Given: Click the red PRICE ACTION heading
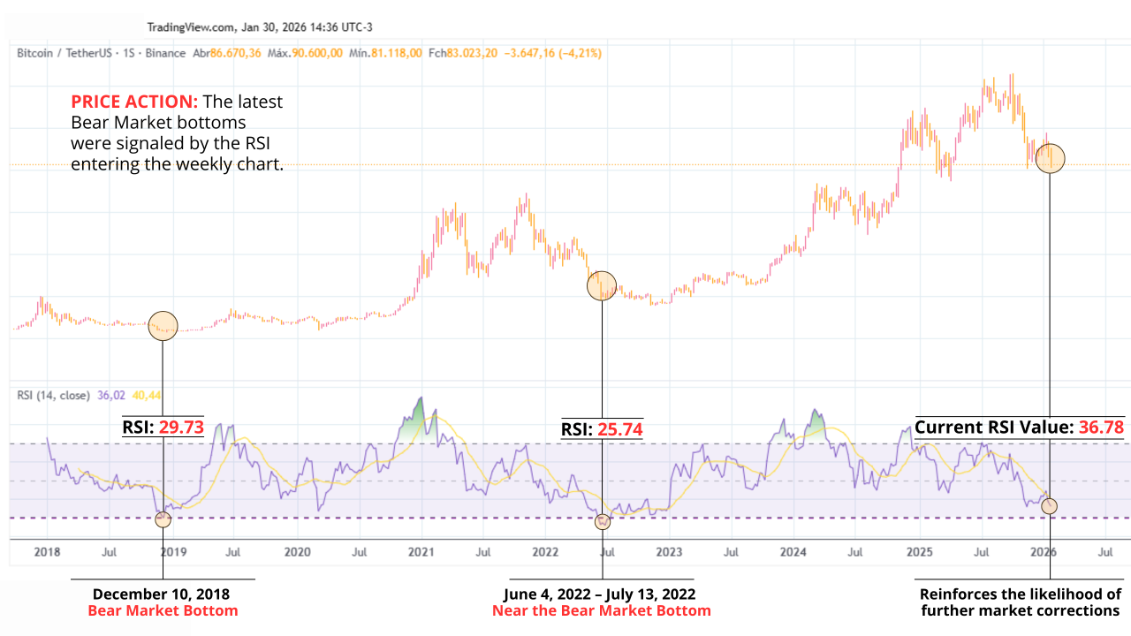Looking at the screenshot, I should [x=134, y=102].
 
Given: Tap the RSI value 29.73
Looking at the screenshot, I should [x=180, y=428].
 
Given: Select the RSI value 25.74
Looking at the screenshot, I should [x=619, y=430].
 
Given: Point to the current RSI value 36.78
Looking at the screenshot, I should [x=1100, y=428].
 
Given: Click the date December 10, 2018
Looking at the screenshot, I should [x=163, y=594].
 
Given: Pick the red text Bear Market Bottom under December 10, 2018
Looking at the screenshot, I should [x=163, y=610].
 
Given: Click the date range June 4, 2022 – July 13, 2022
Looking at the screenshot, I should [x=600, y=594].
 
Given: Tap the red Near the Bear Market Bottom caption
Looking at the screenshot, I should [x=601, y=610].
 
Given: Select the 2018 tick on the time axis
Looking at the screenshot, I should [x=47, y=552].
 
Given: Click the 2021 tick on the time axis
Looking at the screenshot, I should [x=421, y=552].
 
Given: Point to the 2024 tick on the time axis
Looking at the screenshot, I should [x=793, y=552].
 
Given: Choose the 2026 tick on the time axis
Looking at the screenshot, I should [x=1044, y=552].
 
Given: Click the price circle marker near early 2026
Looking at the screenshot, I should [x=1050, y=158].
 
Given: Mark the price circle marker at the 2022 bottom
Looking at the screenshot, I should [x=602, y=285].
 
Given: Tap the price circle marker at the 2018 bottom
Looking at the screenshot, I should [x=163, y=326].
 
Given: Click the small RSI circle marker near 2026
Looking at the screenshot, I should [x=1049, y=506].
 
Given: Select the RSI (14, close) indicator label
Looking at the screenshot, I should [x=53, y=396].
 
